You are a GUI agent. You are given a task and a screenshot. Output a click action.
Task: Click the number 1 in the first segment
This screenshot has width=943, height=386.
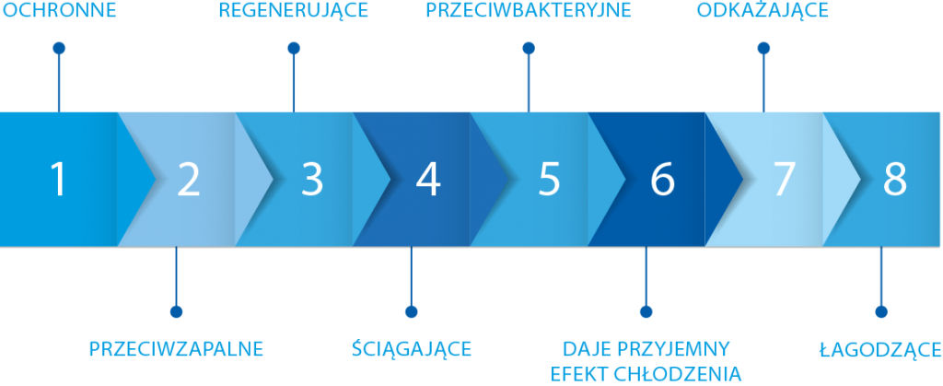click(59, 180)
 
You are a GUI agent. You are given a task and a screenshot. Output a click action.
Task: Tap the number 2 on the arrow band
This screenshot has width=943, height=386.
click(189, 180)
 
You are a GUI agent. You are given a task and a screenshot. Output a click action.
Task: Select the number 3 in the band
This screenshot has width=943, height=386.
click(312, 180)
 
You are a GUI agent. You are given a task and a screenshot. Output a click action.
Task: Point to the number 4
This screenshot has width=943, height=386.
click(427, 180)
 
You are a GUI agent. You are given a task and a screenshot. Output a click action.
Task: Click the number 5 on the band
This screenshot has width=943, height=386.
click(549, 180)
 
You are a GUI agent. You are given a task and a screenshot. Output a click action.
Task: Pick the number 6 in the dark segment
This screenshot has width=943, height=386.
click(662, 180)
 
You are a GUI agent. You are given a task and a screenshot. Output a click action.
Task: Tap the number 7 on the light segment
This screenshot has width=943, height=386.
click(783, 180)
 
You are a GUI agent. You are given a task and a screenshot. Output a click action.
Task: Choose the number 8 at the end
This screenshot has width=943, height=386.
click(894, 180)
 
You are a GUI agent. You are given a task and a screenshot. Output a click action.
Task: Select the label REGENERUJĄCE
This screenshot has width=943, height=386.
click(294, 12)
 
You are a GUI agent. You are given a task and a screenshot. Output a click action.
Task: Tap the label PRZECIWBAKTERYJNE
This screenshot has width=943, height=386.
click(528, 12)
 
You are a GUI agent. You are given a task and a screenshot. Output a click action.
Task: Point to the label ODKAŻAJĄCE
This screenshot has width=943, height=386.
click(763, 12)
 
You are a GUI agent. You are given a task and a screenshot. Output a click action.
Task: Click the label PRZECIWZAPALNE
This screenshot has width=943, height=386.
click(176, 349)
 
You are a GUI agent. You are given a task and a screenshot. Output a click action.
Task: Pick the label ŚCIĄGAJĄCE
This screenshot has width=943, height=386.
click(412, 349)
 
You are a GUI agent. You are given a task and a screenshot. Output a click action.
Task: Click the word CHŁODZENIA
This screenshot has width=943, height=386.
click(687, 373)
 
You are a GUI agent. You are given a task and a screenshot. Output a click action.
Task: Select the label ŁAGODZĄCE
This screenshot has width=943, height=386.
click(880, 349)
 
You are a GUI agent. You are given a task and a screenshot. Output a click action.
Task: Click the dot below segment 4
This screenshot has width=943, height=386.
click(412, 311)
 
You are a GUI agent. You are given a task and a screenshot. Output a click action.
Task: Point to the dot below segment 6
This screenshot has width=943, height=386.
click(646, 311)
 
